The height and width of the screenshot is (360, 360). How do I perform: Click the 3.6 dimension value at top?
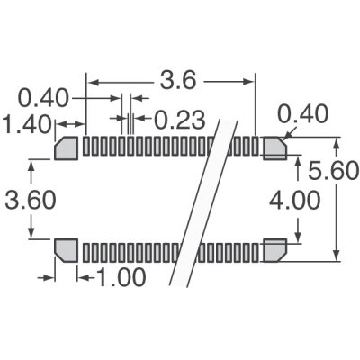pos(178,80)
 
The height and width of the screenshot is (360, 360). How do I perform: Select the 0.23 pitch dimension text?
pos(179,118)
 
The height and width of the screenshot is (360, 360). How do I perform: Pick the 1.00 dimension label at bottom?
pos(118,277)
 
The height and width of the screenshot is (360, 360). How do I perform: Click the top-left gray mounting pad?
pos(67,147)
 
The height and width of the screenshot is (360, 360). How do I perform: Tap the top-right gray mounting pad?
pos(274,147)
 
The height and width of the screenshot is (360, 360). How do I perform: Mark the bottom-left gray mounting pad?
pos(67,248)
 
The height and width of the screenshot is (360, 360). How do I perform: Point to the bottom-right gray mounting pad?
pos(274,248)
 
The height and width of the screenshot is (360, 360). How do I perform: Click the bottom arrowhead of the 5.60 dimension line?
pos(337,255)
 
